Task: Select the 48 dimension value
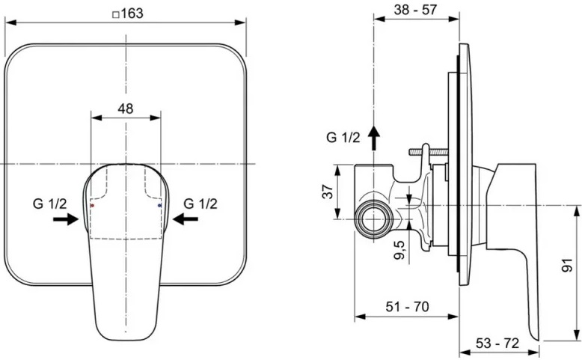tap(125, 108)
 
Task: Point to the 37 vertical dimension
tap(326, 192)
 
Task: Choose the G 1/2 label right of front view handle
tap(200, 203)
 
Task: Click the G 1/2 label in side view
tap(343, 137)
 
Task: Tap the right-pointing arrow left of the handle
tap(66, 219)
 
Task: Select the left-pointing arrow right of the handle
tap(185, 219)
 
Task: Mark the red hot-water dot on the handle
tap(91, 204)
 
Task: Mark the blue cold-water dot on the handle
tap(160, 204)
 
